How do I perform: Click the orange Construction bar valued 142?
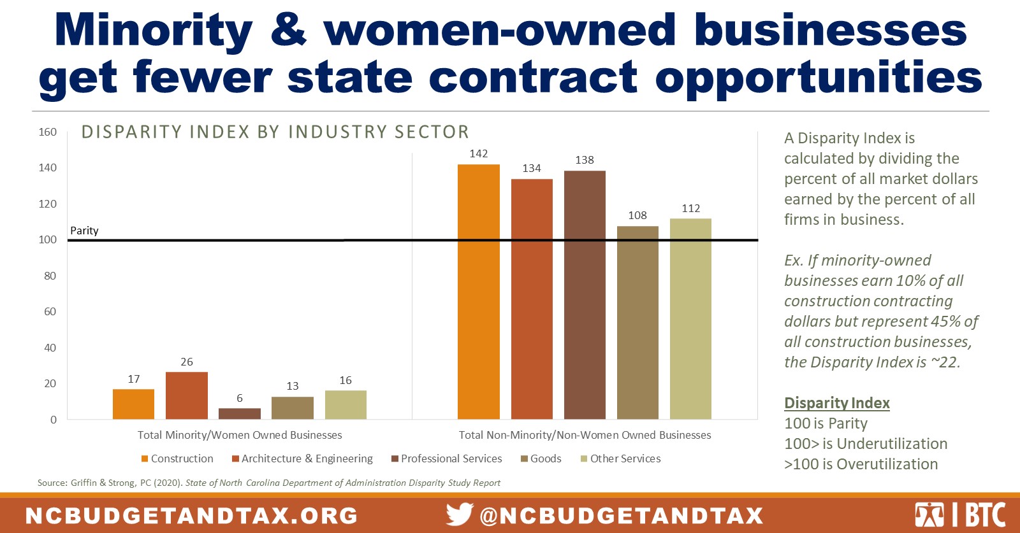click(x=478, y=291)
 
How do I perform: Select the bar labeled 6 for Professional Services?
click(x=239, y=413)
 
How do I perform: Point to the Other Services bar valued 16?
click(x=346, y=404)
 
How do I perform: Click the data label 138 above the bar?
click(x=584, y=160)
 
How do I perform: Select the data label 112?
click(x=690, y=208)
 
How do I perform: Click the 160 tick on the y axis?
click(x=48, y=132)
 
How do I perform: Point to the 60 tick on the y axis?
click(x=50, y=311)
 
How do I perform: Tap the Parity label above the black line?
click(x=84, y=231)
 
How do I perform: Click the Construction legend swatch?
click(x=145, y=459)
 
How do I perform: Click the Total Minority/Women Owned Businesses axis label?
click(x=240, y=435)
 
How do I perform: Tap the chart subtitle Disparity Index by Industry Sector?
click(x=275, y=132)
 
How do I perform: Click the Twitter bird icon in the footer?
click(x=459, y=514)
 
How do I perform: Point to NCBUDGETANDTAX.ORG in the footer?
click(x=191, y=515)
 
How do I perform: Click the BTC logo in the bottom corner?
click(x=960, y=515)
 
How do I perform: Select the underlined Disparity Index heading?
click(x=836, y=403)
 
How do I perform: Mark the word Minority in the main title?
click(x=154, y=31)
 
